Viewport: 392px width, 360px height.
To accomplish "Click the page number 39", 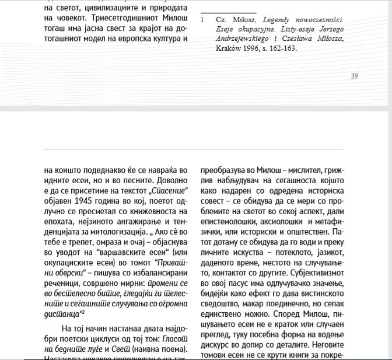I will point(355,75).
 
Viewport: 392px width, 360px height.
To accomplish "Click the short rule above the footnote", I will point(220,12).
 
